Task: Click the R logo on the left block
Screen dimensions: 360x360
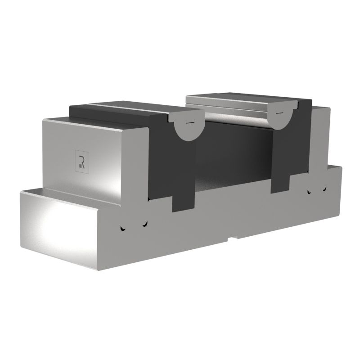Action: click(x=82, y=162)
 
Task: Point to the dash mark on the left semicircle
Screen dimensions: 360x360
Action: click(x=190, y=122)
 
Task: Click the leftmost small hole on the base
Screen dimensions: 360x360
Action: click(x=122, y=229)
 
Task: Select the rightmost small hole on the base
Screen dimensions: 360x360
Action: click(x=324, y=189)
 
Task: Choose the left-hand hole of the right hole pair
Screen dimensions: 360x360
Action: click(x=309, y=191)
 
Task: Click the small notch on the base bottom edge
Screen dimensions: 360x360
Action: click(x=233, y=239)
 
